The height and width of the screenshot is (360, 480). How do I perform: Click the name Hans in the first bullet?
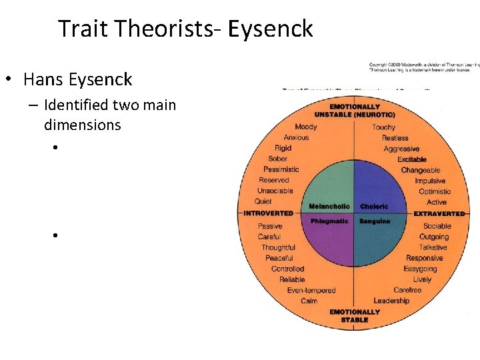(x=41, y=79)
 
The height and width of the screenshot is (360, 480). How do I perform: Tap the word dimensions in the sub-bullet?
(x=82, y=125)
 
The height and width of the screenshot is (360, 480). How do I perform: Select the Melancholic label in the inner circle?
(x=329, y=207)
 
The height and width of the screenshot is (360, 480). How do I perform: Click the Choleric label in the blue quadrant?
(x=374, y=207)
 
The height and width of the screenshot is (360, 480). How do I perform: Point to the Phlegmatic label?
(x=330, y=221)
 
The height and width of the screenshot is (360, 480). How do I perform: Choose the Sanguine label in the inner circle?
(x=375, y=221)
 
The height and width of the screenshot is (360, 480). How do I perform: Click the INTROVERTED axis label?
(x=268, y=213)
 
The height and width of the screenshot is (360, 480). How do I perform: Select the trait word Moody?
(x=306, y=127)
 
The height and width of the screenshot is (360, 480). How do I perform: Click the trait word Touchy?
(x=383, y=127)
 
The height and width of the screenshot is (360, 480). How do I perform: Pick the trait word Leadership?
(x=391, y=301)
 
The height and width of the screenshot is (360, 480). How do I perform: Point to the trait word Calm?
(x=309, y=301)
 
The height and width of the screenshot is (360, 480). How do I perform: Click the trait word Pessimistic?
(x=281, y=169)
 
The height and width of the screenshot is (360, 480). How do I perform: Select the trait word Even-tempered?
(x=311, y=290)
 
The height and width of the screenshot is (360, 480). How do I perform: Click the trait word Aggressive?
(x=401, y=149)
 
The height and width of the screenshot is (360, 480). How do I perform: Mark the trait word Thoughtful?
(x=278, y=247)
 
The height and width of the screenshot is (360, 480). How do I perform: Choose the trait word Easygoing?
(x=420, y=269)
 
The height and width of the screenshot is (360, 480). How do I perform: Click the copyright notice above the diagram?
(x=424, y=67)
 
